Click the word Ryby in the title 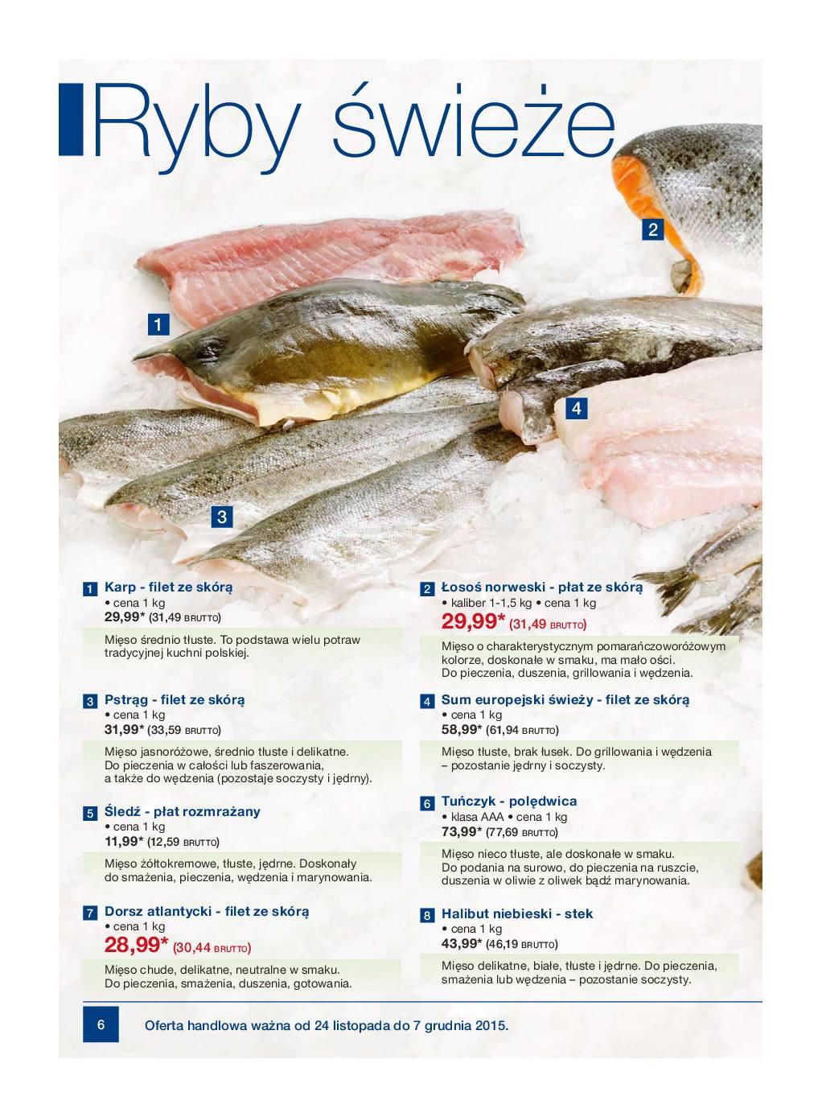[196, 129]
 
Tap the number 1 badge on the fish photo [158, 324]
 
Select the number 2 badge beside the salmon [652, 229]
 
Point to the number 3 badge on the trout [222, 516]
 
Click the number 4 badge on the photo [577, 408]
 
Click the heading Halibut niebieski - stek [517, 914]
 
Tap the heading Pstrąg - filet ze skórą [175, 700]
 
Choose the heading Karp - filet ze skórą [168, 587]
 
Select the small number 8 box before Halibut [427, 916]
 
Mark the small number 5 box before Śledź [90, 814]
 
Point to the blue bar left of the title [71, 120]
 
